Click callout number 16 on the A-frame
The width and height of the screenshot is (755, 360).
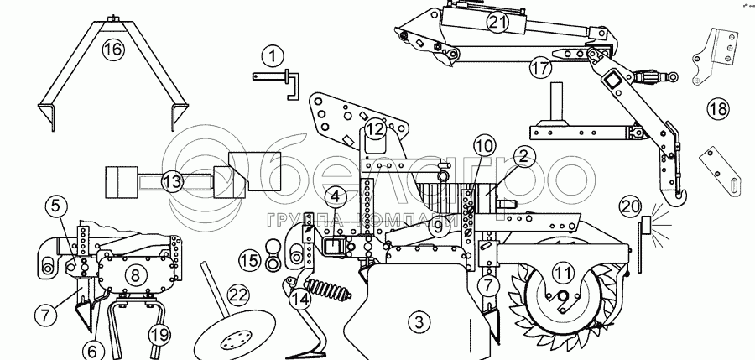[112, 50]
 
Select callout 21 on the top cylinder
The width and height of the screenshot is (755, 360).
[498, 23]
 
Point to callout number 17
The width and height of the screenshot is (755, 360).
[540, 67]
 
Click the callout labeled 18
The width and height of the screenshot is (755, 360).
[717, 109]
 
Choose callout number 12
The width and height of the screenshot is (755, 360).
[374, 129]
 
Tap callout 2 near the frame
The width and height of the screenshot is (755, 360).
[523, 156]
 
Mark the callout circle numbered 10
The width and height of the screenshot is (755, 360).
[483, 145]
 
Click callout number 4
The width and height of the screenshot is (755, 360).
[334, 197]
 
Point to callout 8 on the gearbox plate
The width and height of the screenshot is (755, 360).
[133, 274]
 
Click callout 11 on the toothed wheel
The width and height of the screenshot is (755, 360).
[563, 273]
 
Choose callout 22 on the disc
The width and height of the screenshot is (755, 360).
[239, 295]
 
